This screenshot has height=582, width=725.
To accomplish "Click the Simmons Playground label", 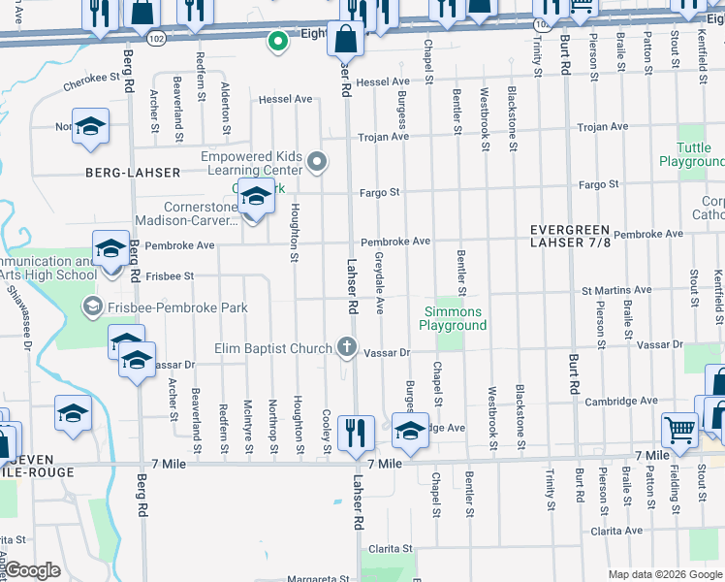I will [453, 318].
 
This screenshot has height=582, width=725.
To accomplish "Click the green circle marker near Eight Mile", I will [277, 41].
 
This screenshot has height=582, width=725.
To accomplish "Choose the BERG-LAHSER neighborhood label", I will [133, 173].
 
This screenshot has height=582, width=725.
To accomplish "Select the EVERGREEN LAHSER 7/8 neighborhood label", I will [571, 236].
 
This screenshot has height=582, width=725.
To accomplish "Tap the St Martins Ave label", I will [616, 290].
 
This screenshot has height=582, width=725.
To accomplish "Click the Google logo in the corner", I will [33, 570].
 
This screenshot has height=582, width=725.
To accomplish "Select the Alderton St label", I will [226, 107].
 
